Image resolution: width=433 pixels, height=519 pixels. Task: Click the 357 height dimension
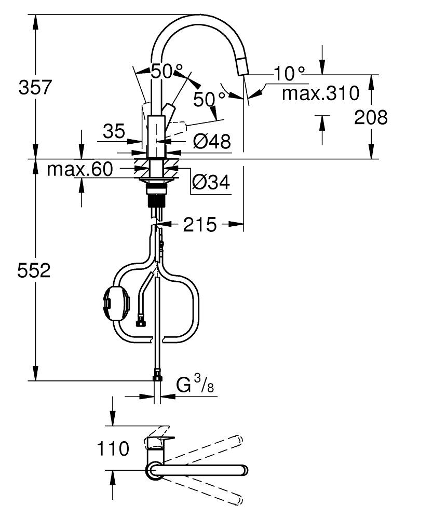[35, 87]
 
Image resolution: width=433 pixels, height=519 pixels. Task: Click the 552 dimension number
[34, 270]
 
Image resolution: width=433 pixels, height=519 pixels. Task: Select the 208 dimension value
[371, 118]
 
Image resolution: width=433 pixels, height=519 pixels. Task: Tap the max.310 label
[320, 93]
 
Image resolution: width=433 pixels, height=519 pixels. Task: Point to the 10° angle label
[290, 73]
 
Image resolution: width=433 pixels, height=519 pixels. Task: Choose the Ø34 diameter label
[211, 182]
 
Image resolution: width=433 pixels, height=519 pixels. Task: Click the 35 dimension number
[113, 131]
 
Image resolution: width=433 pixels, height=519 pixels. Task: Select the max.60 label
[80, 169]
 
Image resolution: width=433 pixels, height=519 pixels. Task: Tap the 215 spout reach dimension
[200, 225]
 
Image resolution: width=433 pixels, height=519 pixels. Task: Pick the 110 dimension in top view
[113, 448]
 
